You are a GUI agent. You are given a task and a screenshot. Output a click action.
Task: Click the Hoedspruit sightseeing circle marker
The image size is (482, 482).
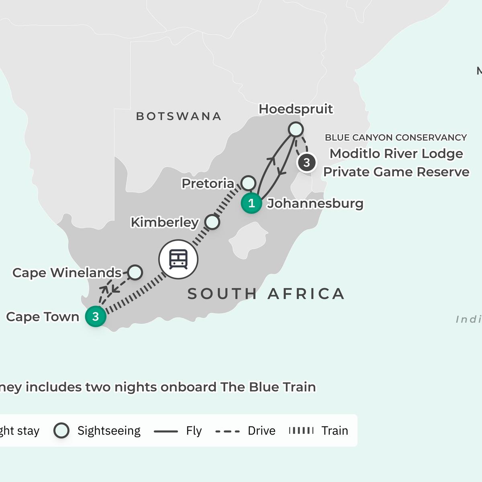click(x=296, y=129)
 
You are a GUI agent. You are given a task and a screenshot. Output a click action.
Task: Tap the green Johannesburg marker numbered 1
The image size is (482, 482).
click(x=251, y=203)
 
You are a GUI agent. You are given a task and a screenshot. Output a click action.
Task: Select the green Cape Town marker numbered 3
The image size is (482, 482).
click(x=96, y=317)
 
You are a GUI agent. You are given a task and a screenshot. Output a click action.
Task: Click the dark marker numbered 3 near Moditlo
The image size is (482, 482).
click(x=306, y=163)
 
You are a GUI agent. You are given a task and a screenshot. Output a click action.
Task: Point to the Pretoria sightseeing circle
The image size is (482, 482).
click(x=249, y=183)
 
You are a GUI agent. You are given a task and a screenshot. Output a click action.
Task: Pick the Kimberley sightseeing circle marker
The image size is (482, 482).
click(x=212, y=222)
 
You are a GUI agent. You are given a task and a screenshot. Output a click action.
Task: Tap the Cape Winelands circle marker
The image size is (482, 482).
click(x=135, y=272)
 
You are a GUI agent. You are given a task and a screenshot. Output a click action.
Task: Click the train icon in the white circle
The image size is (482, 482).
click(x=178, y=259)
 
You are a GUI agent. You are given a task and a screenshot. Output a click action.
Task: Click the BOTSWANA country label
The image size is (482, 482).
click(x=179, y=116)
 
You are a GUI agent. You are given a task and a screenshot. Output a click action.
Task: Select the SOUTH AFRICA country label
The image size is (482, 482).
click(x=266, y=294)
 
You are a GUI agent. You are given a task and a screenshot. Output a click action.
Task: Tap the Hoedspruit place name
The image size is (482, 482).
click(x=296, y=109)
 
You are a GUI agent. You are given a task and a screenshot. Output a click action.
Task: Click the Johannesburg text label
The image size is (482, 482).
click(x=315, y=203)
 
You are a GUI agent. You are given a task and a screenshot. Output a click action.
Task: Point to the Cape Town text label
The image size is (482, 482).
click(x=43, y=317)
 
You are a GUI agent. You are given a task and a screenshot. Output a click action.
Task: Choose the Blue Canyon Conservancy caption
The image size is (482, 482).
click(x=396, y=137)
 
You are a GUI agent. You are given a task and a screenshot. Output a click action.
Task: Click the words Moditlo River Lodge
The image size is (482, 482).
click(x=396, y=153)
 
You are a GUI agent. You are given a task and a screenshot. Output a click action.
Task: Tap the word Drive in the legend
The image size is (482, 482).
click(x=261, y=431)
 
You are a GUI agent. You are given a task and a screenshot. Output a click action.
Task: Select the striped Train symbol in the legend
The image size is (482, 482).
click(x=301, y=431)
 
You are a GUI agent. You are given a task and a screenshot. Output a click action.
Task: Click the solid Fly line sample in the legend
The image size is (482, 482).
click(x=165, y=431)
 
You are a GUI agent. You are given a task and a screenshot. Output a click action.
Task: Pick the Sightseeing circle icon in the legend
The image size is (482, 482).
click(x=61, y=431)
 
